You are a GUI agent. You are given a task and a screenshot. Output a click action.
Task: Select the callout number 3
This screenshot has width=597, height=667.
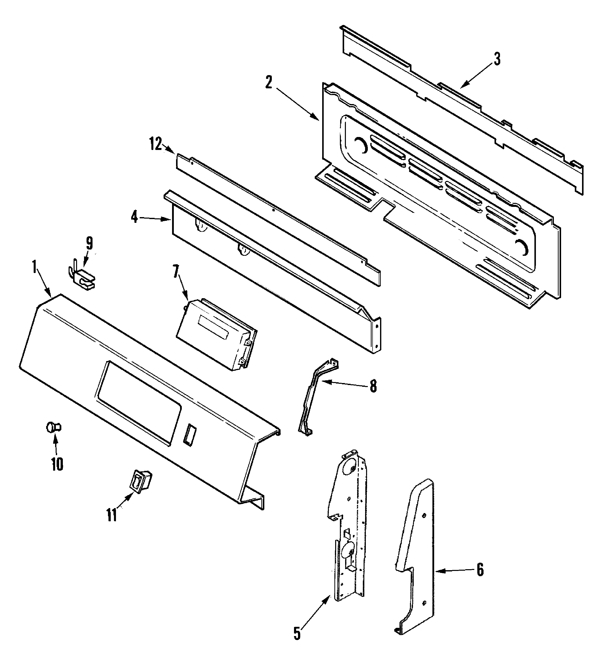click(497, 59)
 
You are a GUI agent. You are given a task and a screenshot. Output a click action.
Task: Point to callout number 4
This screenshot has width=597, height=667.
click(134, 217)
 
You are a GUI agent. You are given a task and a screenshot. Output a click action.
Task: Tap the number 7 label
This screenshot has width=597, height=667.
click(177, 271)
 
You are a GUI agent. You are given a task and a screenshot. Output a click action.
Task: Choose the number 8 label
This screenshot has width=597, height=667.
click(373, 386)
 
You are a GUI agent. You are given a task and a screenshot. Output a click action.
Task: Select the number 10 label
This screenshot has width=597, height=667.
click(57, 464)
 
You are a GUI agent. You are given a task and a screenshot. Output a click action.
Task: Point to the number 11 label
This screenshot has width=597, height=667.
click(112, 515)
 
